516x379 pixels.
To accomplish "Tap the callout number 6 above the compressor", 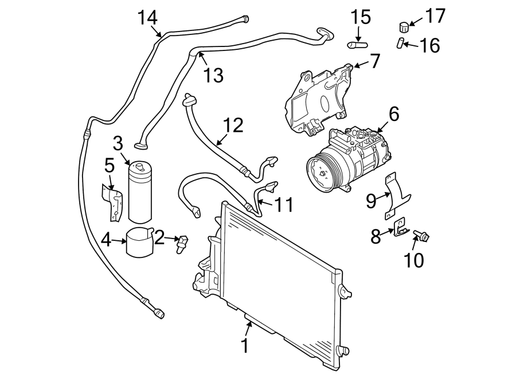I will tap(393, 114).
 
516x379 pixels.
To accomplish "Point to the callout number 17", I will tap(435, 16).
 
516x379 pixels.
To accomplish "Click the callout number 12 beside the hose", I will tap(233, 125).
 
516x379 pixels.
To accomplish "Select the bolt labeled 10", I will tap(421, 236).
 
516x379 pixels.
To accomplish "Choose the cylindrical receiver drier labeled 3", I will tap(139, 192).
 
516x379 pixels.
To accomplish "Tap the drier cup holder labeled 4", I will tap(139, 244).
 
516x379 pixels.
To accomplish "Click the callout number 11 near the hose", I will tap(282, 205).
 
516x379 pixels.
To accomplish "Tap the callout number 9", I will tap(372, 200).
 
